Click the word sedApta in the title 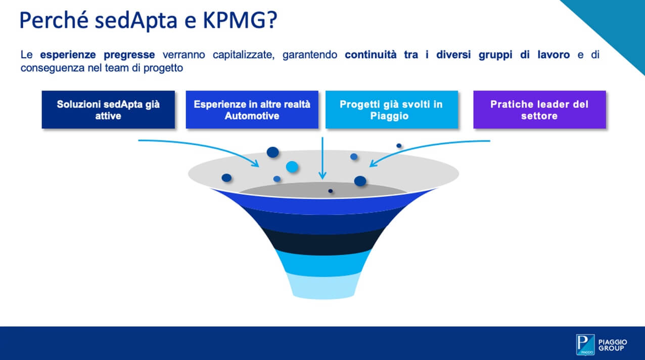tap(136, 21)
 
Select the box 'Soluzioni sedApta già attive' tap(108, 110)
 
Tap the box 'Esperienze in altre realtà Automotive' tap(252, 110)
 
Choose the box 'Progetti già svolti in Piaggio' tap(392, 110)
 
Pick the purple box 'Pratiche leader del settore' tap(540, 110)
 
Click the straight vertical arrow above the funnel tap(322, 158)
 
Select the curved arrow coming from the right tap(426, 148)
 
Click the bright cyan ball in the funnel tap(292, 167)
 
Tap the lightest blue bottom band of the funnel tap(323, 286)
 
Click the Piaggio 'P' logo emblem tap(585, 345)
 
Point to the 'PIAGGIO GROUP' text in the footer tap(613, 345)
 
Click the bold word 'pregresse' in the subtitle tap(129, 55)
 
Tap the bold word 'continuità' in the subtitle tap(371, 55)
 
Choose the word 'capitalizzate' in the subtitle tap(244, 55)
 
